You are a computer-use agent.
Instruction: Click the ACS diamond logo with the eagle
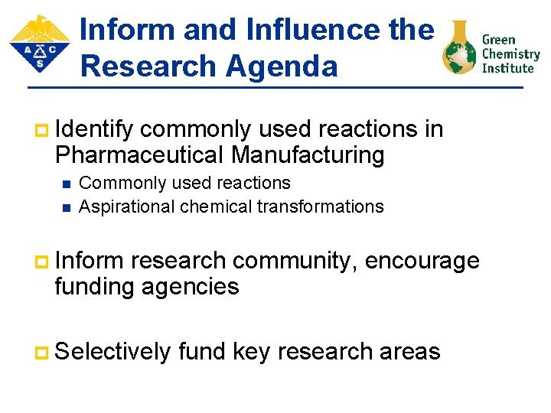pos(39,44)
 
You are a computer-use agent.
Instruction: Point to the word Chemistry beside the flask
pos(510,54)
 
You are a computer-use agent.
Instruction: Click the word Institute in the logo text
pos(507,68)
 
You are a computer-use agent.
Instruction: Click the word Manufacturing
pos(308,155)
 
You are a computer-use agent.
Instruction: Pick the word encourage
pos(422,261)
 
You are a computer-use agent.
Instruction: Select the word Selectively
pos(112,352)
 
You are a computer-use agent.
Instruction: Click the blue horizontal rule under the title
pos(275,88)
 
